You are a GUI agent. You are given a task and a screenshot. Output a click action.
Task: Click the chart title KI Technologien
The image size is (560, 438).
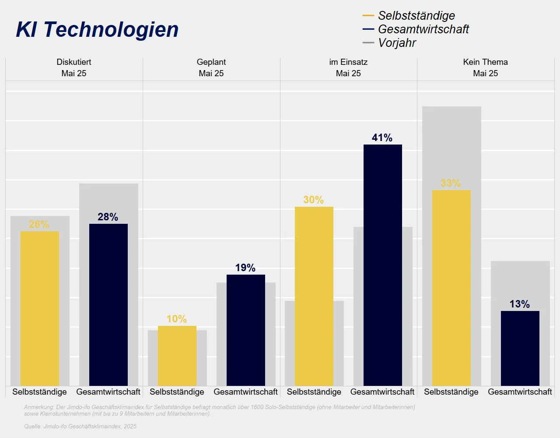coord(97,30)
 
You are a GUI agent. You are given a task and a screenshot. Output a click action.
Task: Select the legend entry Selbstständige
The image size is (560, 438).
coord(416,16)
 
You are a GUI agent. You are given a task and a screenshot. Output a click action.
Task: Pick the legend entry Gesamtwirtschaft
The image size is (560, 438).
coord(423,29)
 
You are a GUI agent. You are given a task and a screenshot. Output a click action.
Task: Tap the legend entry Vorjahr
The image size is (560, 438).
coord(397,43)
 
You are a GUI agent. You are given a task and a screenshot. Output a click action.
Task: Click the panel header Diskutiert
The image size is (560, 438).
coord(74,62)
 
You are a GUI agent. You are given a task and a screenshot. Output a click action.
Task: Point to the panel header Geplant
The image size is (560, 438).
coord(211,62)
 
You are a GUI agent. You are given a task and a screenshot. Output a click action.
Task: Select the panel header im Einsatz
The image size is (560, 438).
coord(348,62)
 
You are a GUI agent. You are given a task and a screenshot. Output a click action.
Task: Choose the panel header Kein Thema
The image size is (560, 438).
coord(485,62)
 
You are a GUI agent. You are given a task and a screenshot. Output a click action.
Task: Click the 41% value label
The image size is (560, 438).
coord(382,138)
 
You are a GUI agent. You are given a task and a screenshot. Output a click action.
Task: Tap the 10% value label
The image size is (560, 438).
coord(176,319)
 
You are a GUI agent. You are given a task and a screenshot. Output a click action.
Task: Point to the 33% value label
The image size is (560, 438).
coord(451,184)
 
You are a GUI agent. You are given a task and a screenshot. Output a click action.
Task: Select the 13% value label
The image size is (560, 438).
coord(519,304)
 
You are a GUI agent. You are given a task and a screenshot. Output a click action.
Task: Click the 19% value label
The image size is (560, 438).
coord(245,268)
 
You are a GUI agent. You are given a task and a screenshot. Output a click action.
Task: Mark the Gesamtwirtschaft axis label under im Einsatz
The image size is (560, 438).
coord(382,392)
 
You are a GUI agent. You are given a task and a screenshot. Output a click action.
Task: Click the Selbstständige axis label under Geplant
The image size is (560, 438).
coord(177,392)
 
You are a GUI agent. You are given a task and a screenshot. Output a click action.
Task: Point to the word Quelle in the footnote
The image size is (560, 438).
coord(33,427)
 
